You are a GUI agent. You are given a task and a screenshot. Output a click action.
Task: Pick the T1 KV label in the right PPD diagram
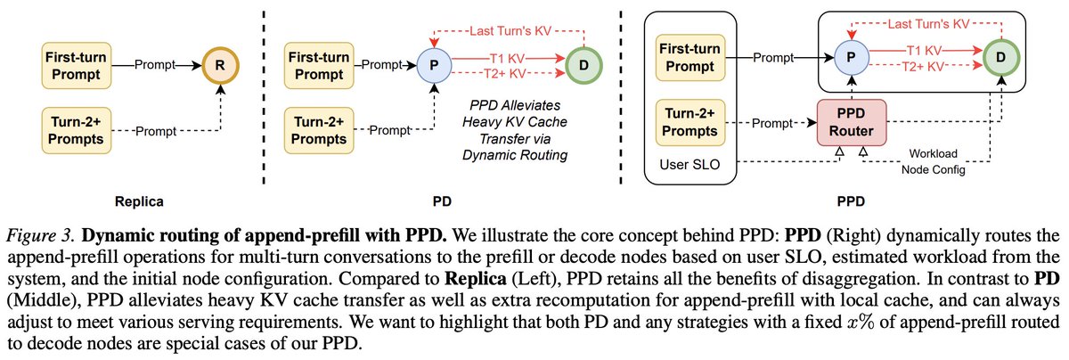[x=929, y=51]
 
